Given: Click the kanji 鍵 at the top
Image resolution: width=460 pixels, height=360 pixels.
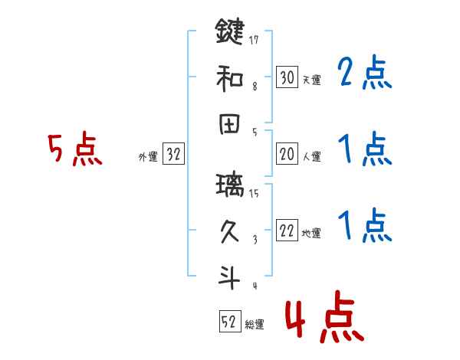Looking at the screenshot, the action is coord(229,34).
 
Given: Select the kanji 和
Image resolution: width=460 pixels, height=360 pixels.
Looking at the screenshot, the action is coord(229,78).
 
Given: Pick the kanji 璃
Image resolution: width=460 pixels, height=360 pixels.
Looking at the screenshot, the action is coord(229,186).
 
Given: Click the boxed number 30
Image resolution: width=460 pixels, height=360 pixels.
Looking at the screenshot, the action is coord(287,77).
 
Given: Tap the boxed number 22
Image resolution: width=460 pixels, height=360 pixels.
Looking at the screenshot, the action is coord(287,231).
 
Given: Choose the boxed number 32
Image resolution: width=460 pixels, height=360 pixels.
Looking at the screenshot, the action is coord(173,155).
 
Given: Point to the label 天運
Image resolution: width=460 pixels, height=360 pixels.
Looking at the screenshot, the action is coord(311,80).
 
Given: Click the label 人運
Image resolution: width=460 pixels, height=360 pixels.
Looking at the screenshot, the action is coord(311,157).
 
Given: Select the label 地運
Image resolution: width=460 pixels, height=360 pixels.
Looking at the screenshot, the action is coord(311,234).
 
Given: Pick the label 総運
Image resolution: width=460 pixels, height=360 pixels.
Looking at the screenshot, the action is coord(255,326).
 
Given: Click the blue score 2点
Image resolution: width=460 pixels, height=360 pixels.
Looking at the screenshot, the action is coord(365,74).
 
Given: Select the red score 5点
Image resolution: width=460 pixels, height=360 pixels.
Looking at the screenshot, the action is coord(75,149).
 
